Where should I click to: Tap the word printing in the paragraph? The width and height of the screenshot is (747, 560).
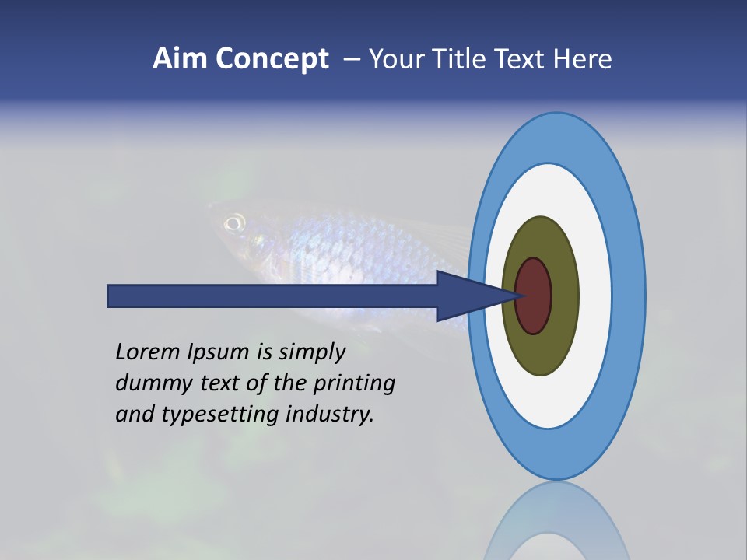pyautogui.click(x=355, y=383)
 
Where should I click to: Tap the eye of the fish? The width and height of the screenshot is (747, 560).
pyautogui.click(x=233, y=224)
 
